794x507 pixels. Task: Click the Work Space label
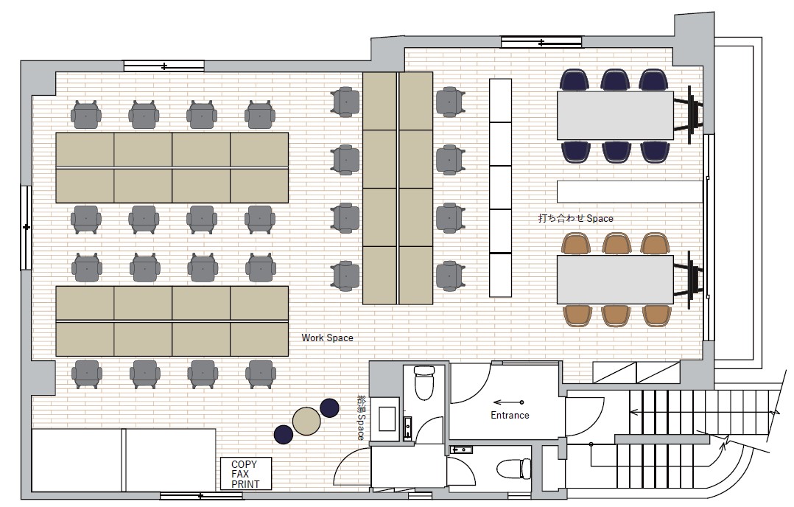(x=327, y=338)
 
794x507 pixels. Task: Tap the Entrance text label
(x=510, y=416)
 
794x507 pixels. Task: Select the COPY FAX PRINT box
(x=245, y=474)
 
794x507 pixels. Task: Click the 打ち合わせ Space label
(x=575, y=218)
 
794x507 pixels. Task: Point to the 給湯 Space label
(x=361, y=419)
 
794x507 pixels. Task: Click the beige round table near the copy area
(x=306, y=421)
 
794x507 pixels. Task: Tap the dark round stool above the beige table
(x=330, y=408)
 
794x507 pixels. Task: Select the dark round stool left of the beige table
(x=284, y=435)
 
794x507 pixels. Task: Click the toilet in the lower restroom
(x=513, y=468)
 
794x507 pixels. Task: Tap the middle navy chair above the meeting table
(x=615, y=80)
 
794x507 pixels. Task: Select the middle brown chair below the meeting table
(x=616, y=315)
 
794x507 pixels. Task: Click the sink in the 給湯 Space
(x=387, y=419)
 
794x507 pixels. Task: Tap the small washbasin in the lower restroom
(x=461, y=450)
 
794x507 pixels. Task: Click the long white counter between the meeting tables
(x=630, y=192)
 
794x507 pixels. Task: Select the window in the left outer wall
(x=26, y=228)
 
